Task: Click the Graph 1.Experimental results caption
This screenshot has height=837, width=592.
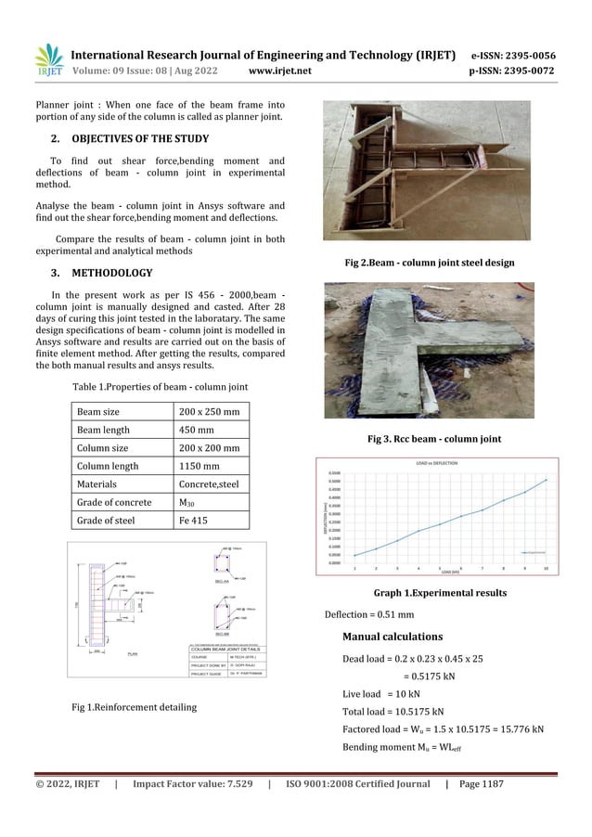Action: (428, 592)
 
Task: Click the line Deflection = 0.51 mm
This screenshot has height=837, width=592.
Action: (368, 614)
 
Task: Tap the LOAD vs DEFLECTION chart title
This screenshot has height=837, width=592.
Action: (437, 462)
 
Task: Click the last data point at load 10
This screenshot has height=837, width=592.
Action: (546, 480)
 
